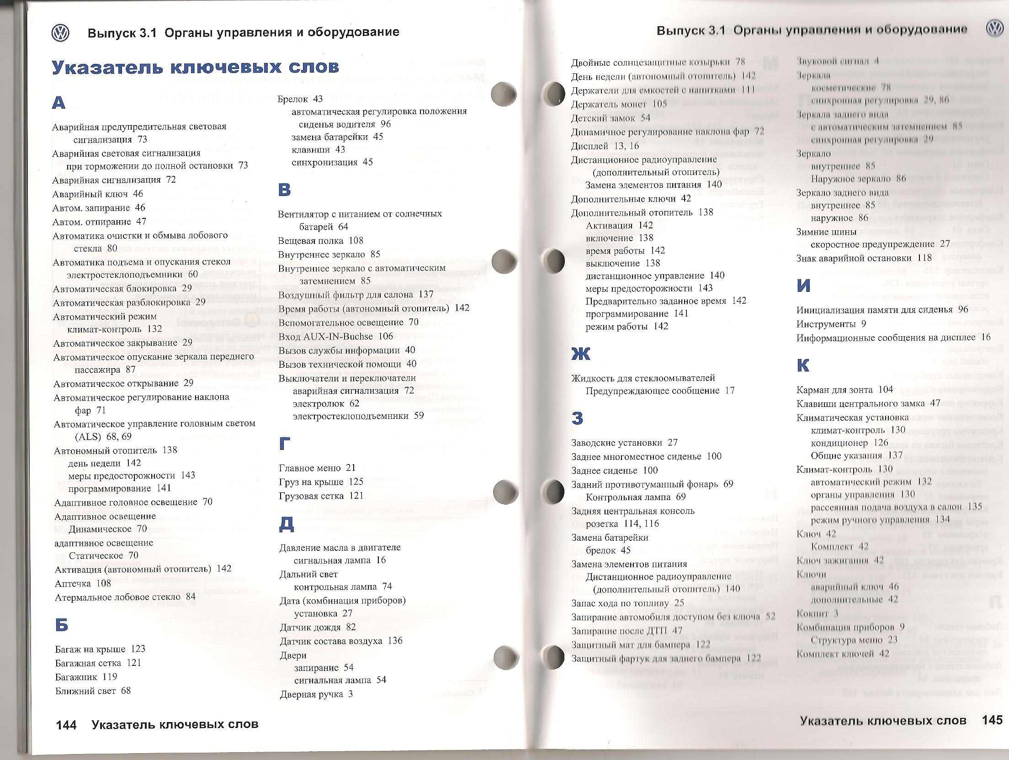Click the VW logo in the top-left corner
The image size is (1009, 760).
coord(60,32)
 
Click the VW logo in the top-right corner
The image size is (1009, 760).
coord(994,29)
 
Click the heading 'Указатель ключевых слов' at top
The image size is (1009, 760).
coord(195,67)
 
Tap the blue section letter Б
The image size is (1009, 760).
coord(61,624)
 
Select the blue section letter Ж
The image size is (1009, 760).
coord(581,354)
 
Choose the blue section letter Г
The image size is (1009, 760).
coord(284,443)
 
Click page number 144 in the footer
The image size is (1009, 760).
coord(66,725)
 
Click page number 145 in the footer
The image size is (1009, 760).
coord(992,720)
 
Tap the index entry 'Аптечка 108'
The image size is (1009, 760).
coord(83,583)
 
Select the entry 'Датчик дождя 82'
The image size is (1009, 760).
coord(318,627)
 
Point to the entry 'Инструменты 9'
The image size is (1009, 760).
coord(831,324)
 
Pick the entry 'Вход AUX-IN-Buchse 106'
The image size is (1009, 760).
coord(335,336)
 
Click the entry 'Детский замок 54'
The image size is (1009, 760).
coord(610,118)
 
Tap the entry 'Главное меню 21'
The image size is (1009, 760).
coord(317,468)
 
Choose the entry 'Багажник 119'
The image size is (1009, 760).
coord(86,676)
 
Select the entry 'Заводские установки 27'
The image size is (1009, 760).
coord(624,443)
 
